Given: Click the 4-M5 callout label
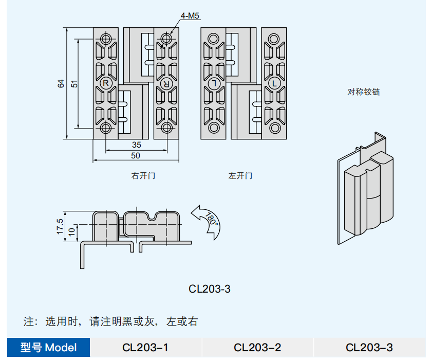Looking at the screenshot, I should pos(190,16).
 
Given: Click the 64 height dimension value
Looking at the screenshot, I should pos(61,83).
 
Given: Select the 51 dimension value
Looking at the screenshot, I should pos(74,83).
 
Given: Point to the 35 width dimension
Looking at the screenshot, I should pos(136,146).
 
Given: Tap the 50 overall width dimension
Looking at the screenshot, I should pos(136,155).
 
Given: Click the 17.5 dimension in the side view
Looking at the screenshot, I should pos(61,226).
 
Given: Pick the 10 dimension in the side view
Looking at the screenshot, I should pos(72,232).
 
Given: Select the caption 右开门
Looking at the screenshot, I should pos(143,176).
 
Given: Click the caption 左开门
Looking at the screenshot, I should pos(240,176).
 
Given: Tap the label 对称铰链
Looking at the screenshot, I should pos(364,93).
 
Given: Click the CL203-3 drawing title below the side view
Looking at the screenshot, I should pos(210,289).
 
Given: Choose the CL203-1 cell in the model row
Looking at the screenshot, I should pos(145,348).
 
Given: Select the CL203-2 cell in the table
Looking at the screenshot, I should pos(257,348).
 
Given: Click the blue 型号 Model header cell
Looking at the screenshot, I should pos(49,348).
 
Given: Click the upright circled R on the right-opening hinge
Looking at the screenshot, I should pos(105,83).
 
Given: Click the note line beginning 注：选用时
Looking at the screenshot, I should pos(110,322).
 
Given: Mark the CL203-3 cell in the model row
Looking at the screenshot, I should pos(369,348).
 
